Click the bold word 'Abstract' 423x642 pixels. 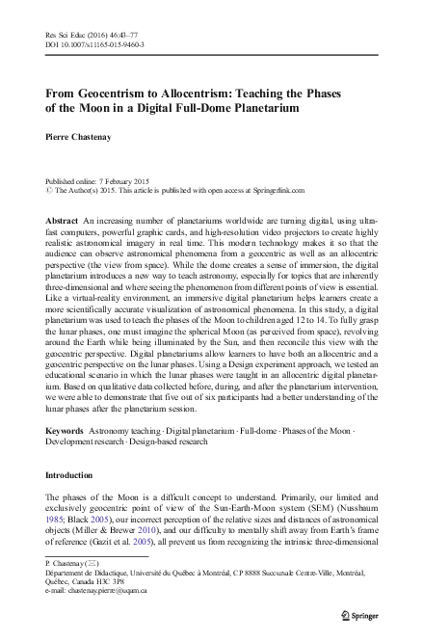pos(62,221)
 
